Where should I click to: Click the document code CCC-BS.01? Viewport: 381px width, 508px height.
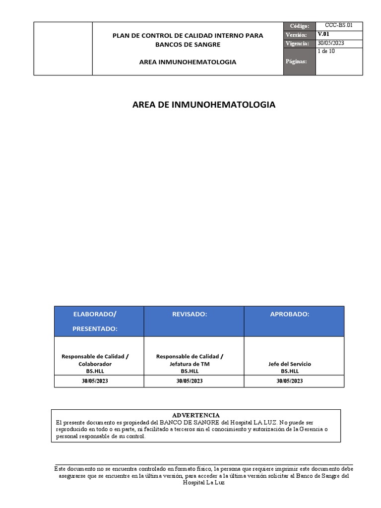(339, 25)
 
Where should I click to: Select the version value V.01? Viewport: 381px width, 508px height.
(323, 34)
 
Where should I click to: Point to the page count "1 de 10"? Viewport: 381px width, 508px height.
(326, 51)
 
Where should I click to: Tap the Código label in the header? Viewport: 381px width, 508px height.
(300, 26)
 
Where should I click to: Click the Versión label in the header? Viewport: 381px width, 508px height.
(298, 35)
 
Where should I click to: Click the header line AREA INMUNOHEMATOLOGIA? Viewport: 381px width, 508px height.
(188, 62)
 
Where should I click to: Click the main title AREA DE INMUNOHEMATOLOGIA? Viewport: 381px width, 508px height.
(204, 105)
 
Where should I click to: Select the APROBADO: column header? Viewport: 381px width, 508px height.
(289, 314)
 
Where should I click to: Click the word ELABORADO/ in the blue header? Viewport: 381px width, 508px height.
(94, 314)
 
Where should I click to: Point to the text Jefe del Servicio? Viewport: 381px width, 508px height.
(289, 364)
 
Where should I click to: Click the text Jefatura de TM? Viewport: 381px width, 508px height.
(190, 364)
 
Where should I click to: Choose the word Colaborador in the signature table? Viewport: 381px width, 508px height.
(94, 364)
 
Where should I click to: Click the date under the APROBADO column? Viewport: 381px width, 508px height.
(289, 381)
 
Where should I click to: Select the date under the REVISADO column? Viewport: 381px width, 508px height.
(190, 381)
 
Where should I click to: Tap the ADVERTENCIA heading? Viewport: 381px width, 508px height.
(195, 415)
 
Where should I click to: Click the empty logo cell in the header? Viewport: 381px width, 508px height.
(63, 49)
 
